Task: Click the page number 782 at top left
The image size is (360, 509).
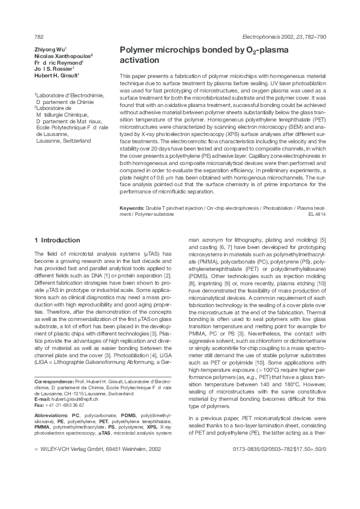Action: tap(39, 36)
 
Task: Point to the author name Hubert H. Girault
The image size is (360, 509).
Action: tap(56, 76)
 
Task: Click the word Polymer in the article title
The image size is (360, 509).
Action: tap(139, 51)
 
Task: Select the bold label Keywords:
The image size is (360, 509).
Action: tap(134, 208)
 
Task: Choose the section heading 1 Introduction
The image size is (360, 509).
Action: tap(57, 241)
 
